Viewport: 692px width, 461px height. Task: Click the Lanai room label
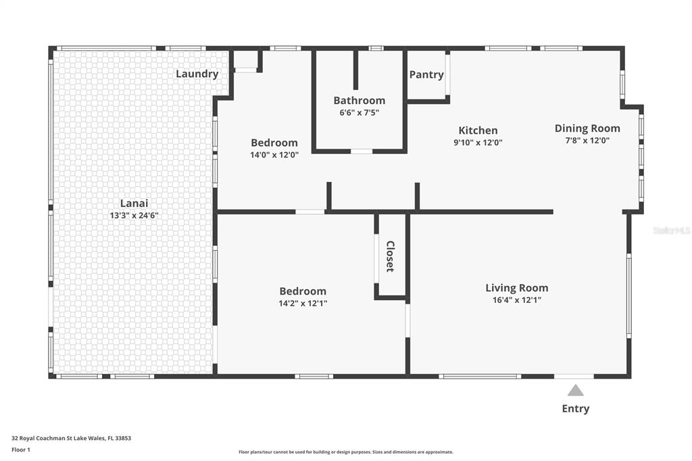coord(134,203)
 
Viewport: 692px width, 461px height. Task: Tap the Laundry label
coord(197,74)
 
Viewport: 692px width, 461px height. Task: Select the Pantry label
coord(426,74)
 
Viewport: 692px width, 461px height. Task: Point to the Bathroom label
coord(360,100)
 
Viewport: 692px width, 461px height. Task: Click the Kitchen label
coord(478,130)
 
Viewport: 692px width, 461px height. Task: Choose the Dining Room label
coord(587,128)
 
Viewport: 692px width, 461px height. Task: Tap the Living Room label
coord(517,288)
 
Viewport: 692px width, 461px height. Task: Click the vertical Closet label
coord(390,257)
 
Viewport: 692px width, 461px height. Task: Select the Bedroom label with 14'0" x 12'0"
coord(274,143)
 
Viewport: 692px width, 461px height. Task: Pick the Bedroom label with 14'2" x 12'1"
coord(303,291)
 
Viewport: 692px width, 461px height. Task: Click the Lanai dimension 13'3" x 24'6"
coord(134,216)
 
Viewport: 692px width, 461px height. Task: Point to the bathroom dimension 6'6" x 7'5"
coord(360,113)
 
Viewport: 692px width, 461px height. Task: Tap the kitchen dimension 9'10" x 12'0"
coord(478,143)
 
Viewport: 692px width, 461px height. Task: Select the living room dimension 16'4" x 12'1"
coord(517,300)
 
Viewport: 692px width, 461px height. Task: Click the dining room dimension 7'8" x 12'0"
coord(587,141)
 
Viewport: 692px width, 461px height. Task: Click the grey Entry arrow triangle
coord(576,391)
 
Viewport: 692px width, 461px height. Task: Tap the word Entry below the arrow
coord(576,409)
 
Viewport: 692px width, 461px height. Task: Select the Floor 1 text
coord(21,450)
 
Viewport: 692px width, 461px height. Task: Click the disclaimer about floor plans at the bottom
coord(346,452)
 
